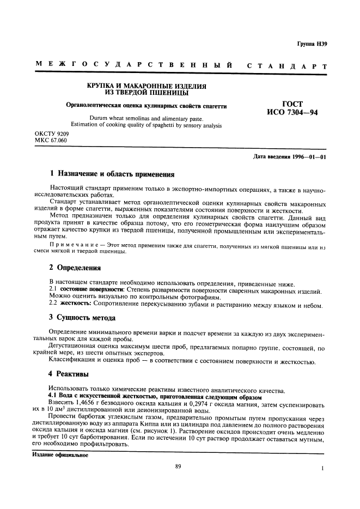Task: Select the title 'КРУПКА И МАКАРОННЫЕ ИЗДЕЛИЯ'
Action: (144, 86)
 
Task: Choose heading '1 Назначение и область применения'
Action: (112, 175)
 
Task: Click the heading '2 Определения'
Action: (75, 268)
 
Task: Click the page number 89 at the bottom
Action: (178, 466)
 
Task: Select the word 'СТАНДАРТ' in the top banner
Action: (287, 66)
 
